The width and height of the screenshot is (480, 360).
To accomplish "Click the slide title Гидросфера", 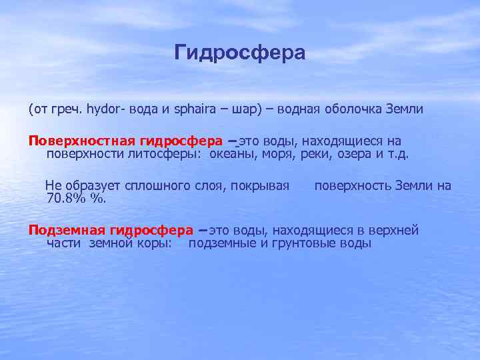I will pos(240,53).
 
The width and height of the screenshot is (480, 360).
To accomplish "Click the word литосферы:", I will pos(169,154).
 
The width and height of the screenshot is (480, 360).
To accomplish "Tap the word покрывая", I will pos(261,185).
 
